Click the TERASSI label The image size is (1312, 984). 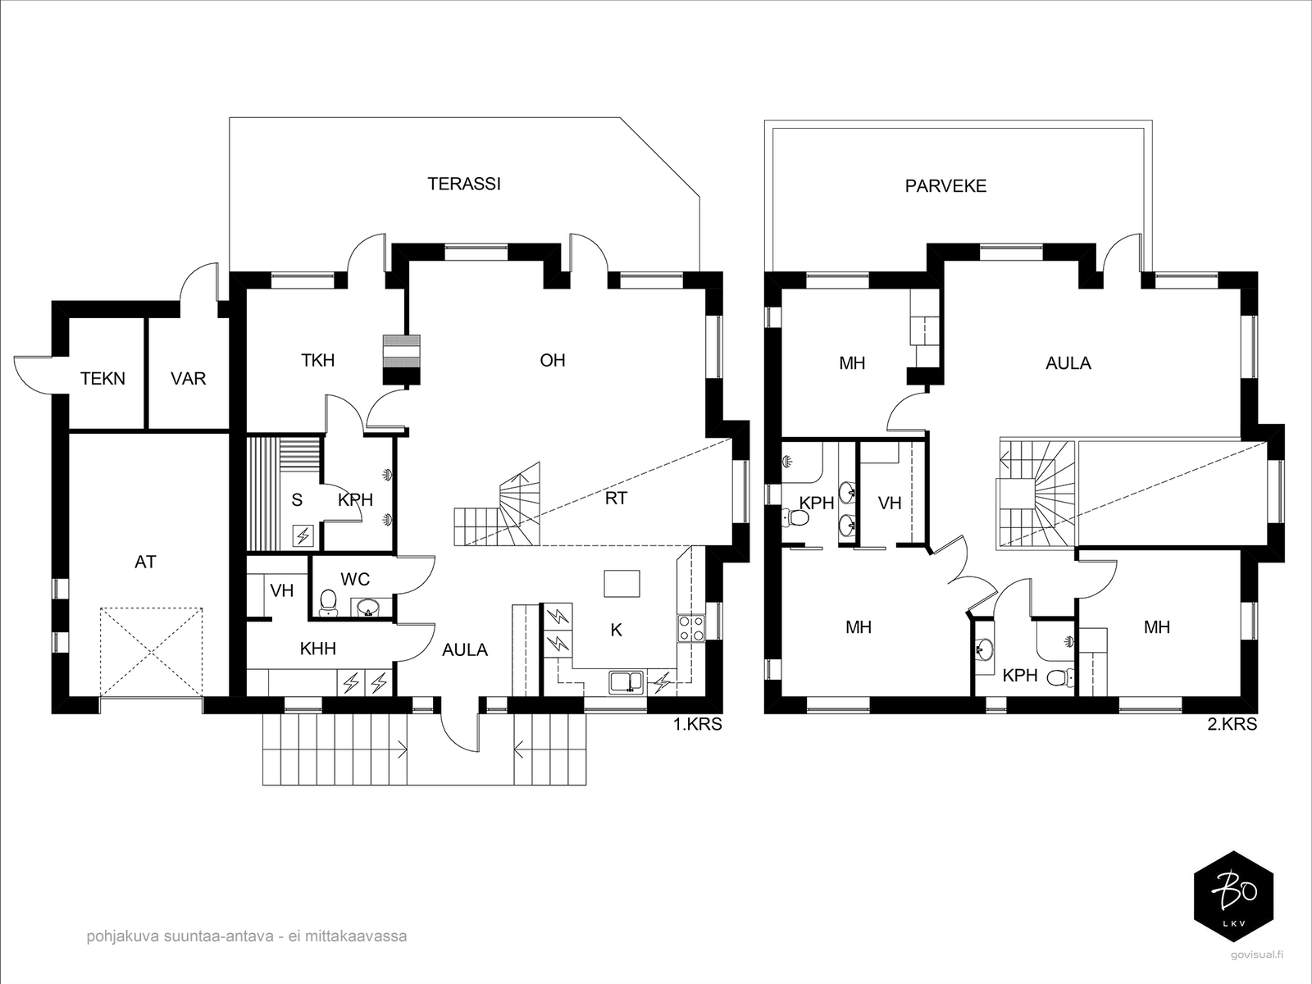coord(464,184)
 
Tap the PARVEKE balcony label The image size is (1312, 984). coord(945,186)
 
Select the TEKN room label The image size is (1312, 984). coord(102,379)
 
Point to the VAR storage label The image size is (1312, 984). coord(189,379)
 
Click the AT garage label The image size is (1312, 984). coord(145,563)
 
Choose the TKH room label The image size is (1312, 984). coord(317,360)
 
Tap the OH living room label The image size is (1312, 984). coord(553,360)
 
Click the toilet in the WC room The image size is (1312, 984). coord(327,603)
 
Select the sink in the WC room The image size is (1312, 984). coord(367,608)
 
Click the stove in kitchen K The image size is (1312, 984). coord(691,628)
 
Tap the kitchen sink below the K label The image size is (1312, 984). coord(626,682)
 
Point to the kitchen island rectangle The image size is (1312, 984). coord(622,584)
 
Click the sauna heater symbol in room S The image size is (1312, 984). coord(303,536)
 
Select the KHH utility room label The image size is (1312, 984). coord(317,649)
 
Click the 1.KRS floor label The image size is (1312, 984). coord(698,724)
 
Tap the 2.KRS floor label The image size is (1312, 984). coord(1232,724)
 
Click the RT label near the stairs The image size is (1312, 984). coord(616,499)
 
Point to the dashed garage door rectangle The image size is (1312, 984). coord(151,653)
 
